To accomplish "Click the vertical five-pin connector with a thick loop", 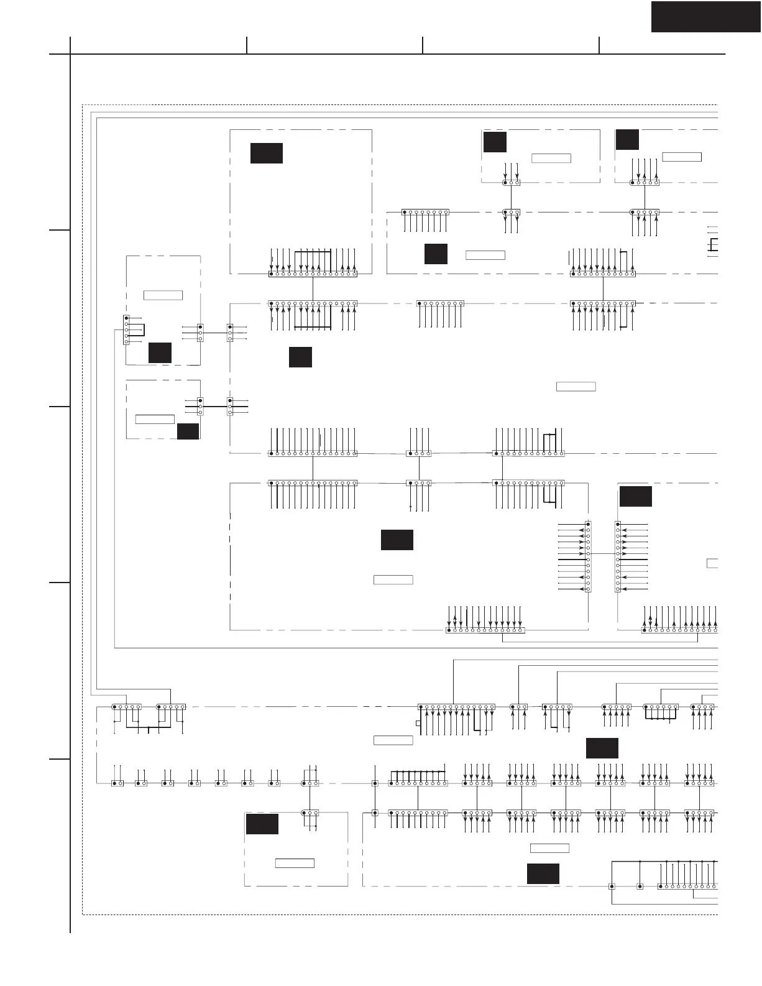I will click(127, 329).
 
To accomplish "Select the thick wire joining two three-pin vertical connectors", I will click(215, 407).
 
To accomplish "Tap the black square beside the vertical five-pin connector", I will click(160, 352).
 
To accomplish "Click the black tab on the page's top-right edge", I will click(705, 17).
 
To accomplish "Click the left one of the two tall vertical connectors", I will click(588, 556).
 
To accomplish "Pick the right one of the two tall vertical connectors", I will click(617, 556).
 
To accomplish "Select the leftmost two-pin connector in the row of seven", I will click(117, 783).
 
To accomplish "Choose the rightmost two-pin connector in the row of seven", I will click(274, 783).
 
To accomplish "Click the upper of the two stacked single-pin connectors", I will click(375, 783).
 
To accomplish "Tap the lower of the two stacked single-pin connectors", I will click(375, 813).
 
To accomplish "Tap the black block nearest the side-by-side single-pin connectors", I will click(543, 873).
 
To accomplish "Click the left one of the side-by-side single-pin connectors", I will click(612, 886).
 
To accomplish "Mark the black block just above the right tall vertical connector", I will click(635, 497).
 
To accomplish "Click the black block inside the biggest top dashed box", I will click(266, 153).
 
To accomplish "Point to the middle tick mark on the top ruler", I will click(423, 45).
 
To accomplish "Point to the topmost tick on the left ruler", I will click(60, 230).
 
